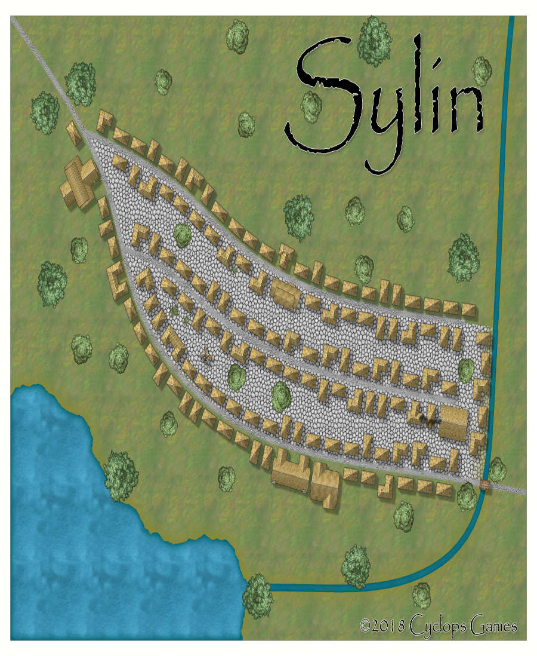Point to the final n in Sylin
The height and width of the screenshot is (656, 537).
coord(467,111)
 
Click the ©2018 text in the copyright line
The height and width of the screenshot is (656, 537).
coord(382,627)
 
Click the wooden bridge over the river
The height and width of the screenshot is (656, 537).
coord(485,485)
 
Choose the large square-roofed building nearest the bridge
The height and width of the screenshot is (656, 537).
coord(453,423)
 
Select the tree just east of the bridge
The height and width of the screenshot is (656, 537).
coord(497,470)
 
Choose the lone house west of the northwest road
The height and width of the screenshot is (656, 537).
coord(75,133)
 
